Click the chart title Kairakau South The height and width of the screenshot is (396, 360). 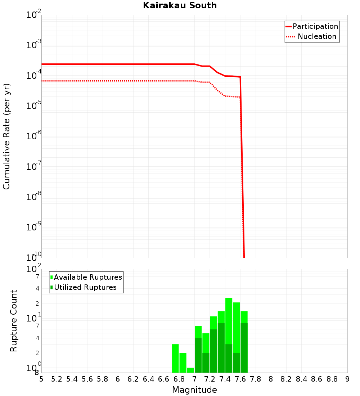(180, 5)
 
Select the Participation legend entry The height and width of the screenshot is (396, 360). (315, 26)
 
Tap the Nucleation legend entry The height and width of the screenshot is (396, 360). (317, 36)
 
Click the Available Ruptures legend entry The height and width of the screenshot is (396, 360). (88, 277)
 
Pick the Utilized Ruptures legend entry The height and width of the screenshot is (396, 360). (85, 287)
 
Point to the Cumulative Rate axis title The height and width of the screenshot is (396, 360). (6, 136)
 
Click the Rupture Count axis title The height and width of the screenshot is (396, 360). (14, 320)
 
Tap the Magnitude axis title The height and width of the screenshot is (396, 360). (194, 390)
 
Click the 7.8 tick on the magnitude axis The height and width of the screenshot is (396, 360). (256, 379)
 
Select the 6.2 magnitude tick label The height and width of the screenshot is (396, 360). (133, 379)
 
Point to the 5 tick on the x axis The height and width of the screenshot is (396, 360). (41, 379)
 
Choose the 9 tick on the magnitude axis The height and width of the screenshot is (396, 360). (347, 379)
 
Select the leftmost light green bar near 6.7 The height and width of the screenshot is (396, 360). (175, 358)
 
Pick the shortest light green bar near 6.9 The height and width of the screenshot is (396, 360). (190, 370)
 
